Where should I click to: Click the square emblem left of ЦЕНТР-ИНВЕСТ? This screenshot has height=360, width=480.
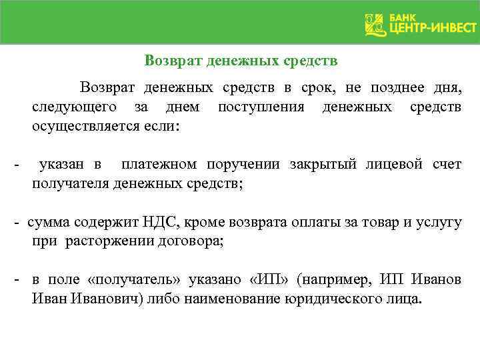pyautogui.click(x=375, y=24)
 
